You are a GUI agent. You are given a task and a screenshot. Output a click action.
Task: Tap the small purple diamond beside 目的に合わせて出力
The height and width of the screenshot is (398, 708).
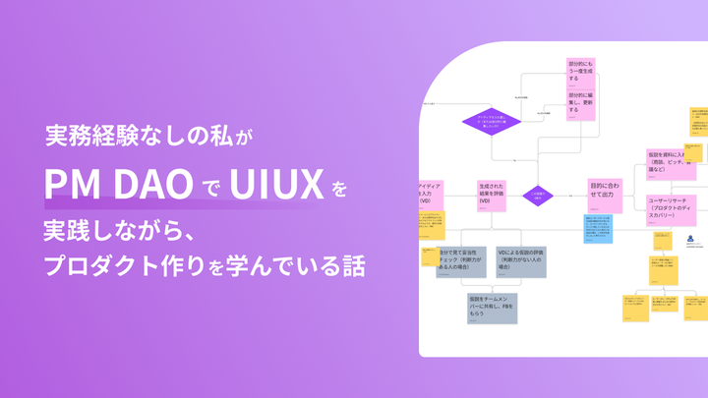[538, 196]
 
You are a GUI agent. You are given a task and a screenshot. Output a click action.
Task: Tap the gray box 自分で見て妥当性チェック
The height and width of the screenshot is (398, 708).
[462, 262]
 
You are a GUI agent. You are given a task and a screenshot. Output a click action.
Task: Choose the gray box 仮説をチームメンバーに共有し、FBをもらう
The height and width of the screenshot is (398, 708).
[493, 307]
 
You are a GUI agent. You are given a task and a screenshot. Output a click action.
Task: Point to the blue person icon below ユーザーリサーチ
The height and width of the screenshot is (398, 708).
[689, 241]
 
